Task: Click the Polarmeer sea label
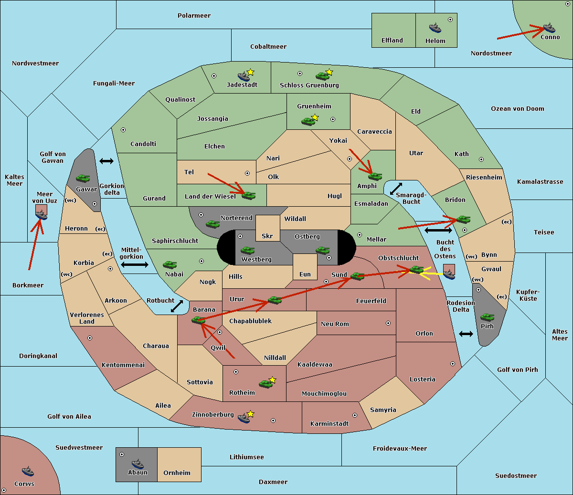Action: coord(194,16)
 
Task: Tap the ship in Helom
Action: coord(435,28)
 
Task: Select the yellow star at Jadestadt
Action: coord(250,72)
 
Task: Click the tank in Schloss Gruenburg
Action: coord(322,75)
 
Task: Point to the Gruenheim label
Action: coord(314,106)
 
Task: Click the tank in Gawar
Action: coord(83,178)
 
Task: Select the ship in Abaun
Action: coord(138,463)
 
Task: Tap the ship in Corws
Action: coord(28,471)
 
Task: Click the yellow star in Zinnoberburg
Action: coord(250,414)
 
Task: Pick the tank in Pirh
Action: coord(487,317)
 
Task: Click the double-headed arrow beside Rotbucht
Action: coord(177,306)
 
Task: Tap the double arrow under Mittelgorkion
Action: coord(135,264)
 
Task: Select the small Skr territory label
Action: coord(267,236)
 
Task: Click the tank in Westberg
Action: coord(247,250)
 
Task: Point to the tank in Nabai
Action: coord(170,264)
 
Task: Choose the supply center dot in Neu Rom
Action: coord(388,323)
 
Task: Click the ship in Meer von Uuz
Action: coord(42,215)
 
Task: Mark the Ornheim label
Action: coord(177,473)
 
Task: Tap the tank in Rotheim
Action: coord(265,384)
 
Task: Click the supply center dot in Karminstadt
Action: coord(355,415)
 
